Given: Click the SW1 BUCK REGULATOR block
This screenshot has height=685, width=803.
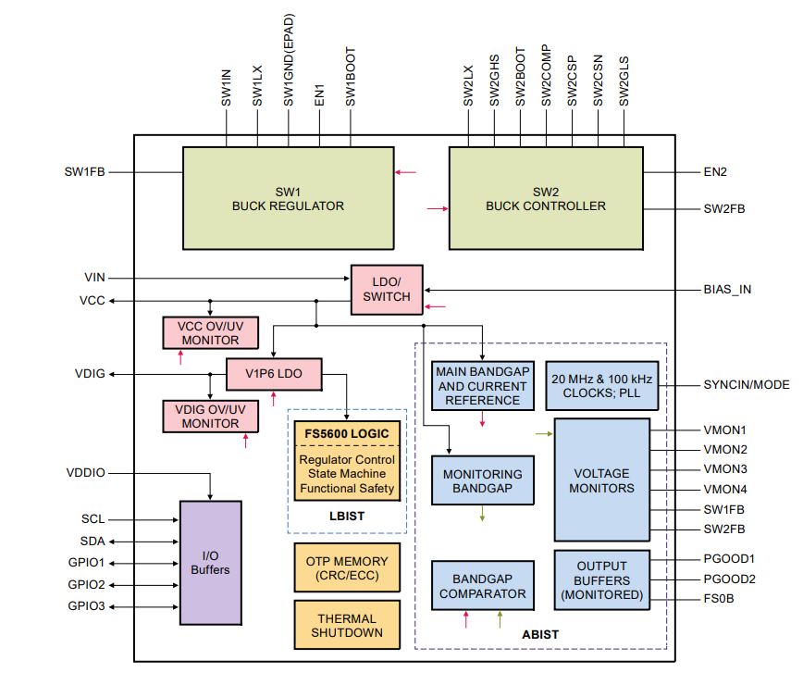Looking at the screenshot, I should pyautogui.click(x=287, y=198).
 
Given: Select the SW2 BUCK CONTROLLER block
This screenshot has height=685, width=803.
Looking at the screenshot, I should pyautogui.click(x=545, y=198).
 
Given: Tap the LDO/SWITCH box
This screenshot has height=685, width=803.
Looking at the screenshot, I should pyautogui.click(x=386, y=289).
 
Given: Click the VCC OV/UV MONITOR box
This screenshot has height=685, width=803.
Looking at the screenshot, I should pyautogui.click(x=210, y=332).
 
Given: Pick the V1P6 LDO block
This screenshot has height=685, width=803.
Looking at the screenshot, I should pyautogui.click(x=273, y=374).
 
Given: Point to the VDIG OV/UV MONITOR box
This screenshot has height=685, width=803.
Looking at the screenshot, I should pyautogui.click(x=210, y=416).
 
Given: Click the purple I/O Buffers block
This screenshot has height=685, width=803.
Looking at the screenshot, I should pyautogui.click(x=210, y=562).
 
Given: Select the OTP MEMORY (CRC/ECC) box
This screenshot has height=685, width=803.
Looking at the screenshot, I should pyautogui.click(x=347, y=568).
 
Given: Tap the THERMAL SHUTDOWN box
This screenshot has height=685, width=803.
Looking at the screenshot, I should pyautogui.click(x=347, y=626).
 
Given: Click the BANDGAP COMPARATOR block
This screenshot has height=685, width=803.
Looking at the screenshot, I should pyautogui.click(x=482, y=585).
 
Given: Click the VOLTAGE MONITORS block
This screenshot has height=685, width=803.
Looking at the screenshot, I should pyautogui.click(x=602, y=479).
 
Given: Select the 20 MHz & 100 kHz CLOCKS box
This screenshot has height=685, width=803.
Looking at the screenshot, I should pyautogui.click(x=602, y=386).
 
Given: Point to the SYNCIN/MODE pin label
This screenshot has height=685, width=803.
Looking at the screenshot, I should pyautogui.click(x=746, y=385).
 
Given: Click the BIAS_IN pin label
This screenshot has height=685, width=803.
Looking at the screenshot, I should pyautogui.click(x=727, y=289).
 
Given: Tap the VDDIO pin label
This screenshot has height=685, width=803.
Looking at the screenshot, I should pyautogui.click(x=86, y=473).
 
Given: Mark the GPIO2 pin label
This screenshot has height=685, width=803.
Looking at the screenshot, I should pyautogui.click(x=86, y=585).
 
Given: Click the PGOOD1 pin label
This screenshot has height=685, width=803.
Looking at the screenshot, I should pyautogui.click(x=729, y=559).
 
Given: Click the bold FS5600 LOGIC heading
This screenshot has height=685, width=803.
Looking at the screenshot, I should pyautogui.click(x=347, y=433).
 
